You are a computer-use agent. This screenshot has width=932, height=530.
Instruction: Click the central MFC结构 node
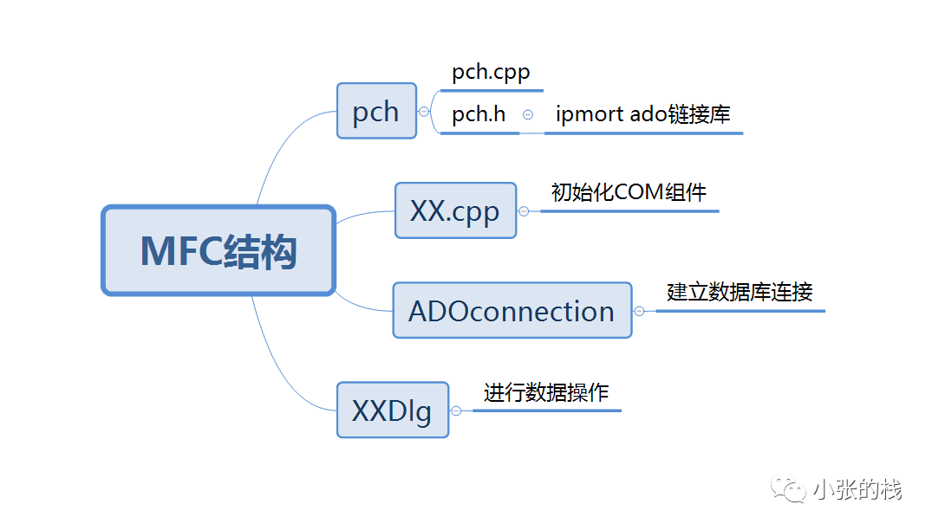click(218, 250)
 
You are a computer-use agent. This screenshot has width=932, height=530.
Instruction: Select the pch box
click(376, 111)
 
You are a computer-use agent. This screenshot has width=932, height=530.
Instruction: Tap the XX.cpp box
click(455, 210)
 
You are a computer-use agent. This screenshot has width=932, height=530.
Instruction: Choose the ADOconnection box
click(512, 310)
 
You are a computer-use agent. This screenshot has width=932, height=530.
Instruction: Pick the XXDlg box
click(392, 410)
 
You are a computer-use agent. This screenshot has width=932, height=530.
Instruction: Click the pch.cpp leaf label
click(491, 73)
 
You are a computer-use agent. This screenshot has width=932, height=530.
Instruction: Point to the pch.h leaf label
click(479, 114)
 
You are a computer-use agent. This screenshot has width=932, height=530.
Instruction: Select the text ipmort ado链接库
click(642, 114)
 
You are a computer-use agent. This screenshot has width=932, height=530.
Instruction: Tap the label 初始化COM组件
click(629, 192)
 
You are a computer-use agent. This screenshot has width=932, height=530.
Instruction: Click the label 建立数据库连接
click(740, 292)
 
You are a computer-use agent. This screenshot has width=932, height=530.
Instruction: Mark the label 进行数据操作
click(546, 392)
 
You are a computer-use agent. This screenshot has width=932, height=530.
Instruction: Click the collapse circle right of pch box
click(424, 111)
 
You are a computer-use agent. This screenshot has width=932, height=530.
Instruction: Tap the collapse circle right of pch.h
click(528, 114)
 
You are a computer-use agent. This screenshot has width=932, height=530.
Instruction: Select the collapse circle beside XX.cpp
click(524, 210)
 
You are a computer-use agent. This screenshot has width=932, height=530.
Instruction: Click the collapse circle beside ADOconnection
click(639, 311)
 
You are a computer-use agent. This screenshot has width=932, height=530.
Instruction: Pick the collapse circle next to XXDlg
click(456, 410)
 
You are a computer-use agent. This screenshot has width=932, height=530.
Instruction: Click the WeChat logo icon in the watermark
click(792, 489)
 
